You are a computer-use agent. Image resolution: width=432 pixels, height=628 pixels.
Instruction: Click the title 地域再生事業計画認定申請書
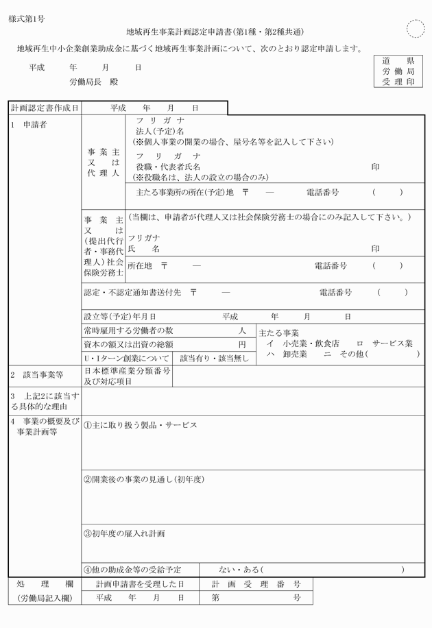179,32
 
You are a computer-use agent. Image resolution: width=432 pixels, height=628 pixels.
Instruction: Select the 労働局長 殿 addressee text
93,82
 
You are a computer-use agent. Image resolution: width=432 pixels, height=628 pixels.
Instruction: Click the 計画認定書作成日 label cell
45,108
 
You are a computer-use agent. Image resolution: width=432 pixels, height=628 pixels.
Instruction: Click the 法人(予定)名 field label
160,131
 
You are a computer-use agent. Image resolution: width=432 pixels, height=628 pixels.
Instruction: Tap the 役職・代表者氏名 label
168,167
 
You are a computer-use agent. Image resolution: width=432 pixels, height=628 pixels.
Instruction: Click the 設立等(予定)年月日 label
120,317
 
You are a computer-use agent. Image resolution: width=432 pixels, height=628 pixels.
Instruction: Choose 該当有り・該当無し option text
215,358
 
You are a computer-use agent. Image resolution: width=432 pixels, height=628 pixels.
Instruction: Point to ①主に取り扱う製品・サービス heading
141,425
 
